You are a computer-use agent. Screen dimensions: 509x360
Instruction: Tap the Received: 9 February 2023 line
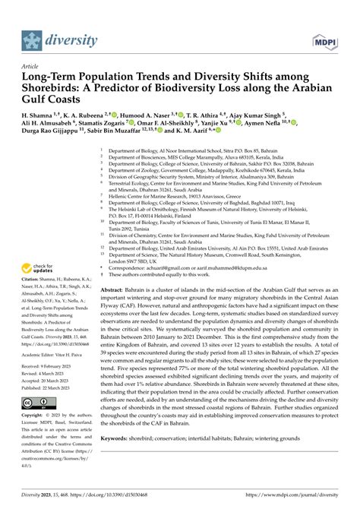[x=49, y=365]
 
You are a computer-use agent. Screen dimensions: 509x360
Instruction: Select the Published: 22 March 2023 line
[x=49, y=387]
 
